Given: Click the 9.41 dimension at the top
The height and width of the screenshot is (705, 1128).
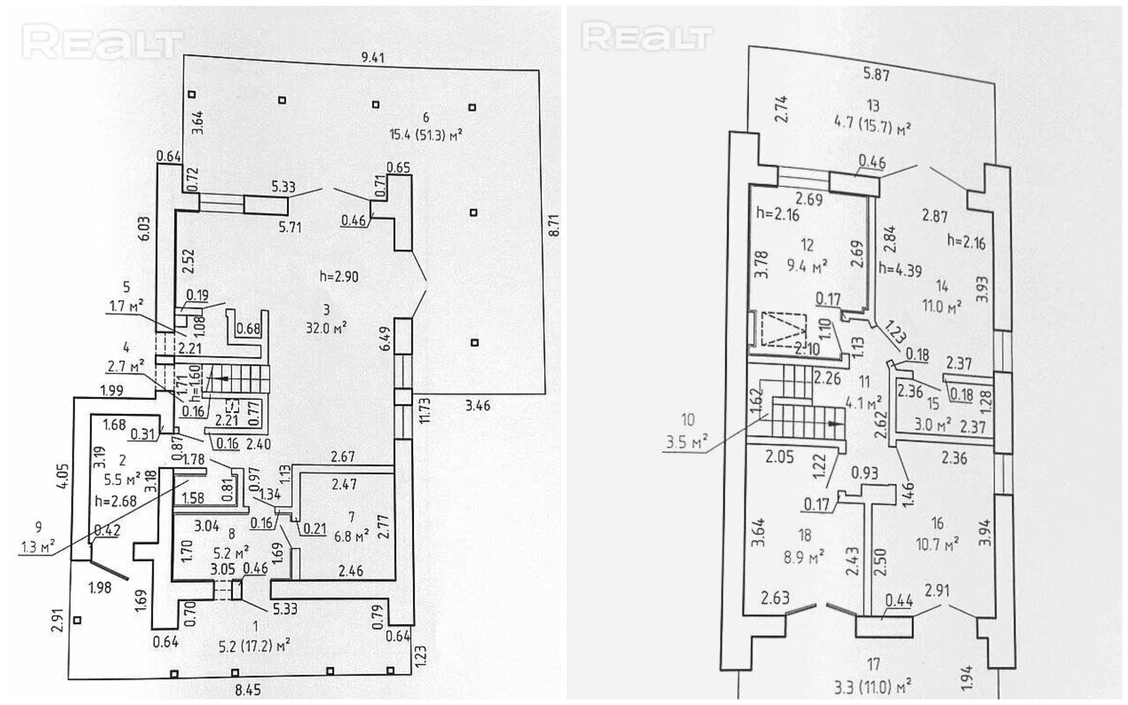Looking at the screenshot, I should tap(372, 58).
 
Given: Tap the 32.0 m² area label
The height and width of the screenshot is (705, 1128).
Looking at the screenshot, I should tap(327, 328).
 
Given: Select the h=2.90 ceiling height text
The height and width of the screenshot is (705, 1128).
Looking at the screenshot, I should tap(339, 276).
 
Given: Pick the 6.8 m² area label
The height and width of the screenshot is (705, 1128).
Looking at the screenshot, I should tap(351, 535).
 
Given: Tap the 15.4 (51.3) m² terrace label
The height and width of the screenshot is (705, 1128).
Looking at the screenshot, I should tap(426, 134).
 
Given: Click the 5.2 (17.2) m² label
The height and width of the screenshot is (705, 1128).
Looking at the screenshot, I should tap(254, 644).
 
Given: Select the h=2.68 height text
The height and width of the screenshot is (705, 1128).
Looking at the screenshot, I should tap(115, 501).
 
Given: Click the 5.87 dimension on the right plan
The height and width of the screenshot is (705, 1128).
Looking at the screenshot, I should tap(876, 75).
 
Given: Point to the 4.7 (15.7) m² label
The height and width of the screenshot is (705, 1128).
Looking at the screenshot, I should tap(873, 128).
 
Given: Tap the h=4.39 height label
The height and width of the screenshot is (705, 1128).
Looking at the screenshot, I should tap(900, 269).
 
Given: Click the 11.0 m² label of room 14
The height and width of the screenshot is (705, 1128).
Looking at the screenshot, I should tap(942, 307).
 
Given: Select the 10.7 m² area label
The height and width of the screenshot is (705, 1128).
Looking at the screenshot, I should tap(937, 544).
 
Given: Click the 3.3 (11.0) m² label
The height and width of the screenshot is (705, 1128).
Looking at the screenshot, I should tap(873, 687).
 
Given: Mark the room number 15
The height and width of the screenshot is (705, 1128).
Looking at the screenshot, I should tap(932, 404).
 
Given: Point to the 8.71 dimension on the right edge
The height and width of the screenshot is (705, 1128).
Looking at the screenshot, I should tap(555, 225).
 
